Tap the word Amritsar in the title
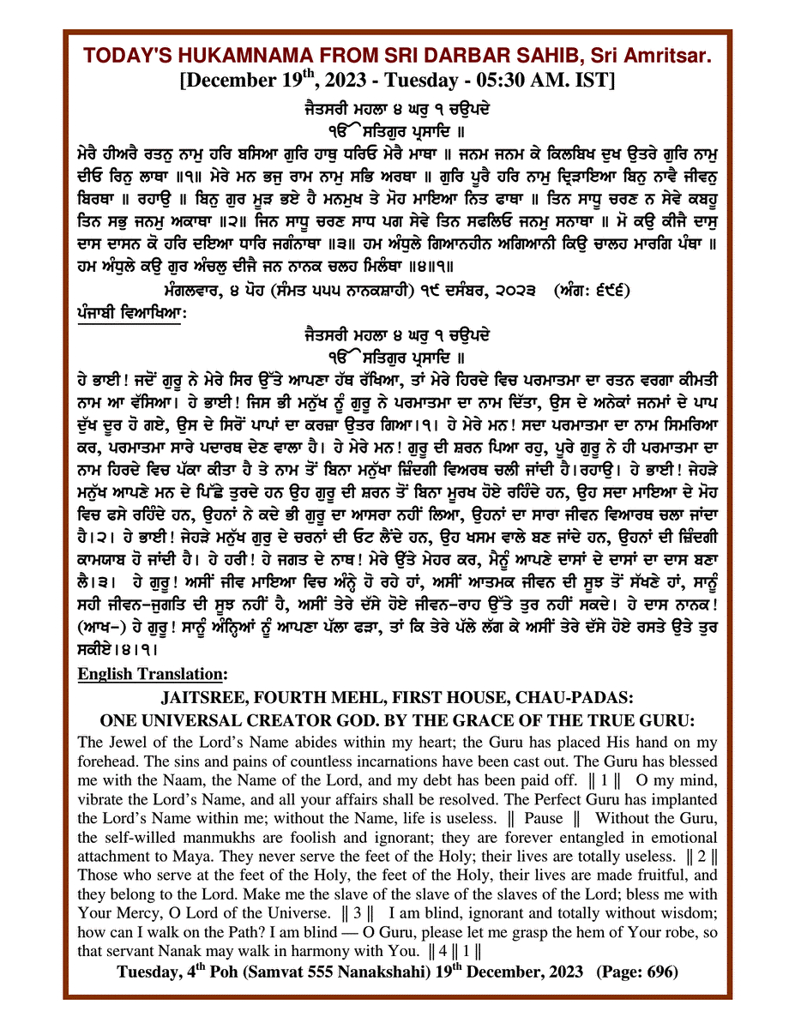click(662, 57)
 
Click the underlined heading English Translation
click(152, 675)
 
